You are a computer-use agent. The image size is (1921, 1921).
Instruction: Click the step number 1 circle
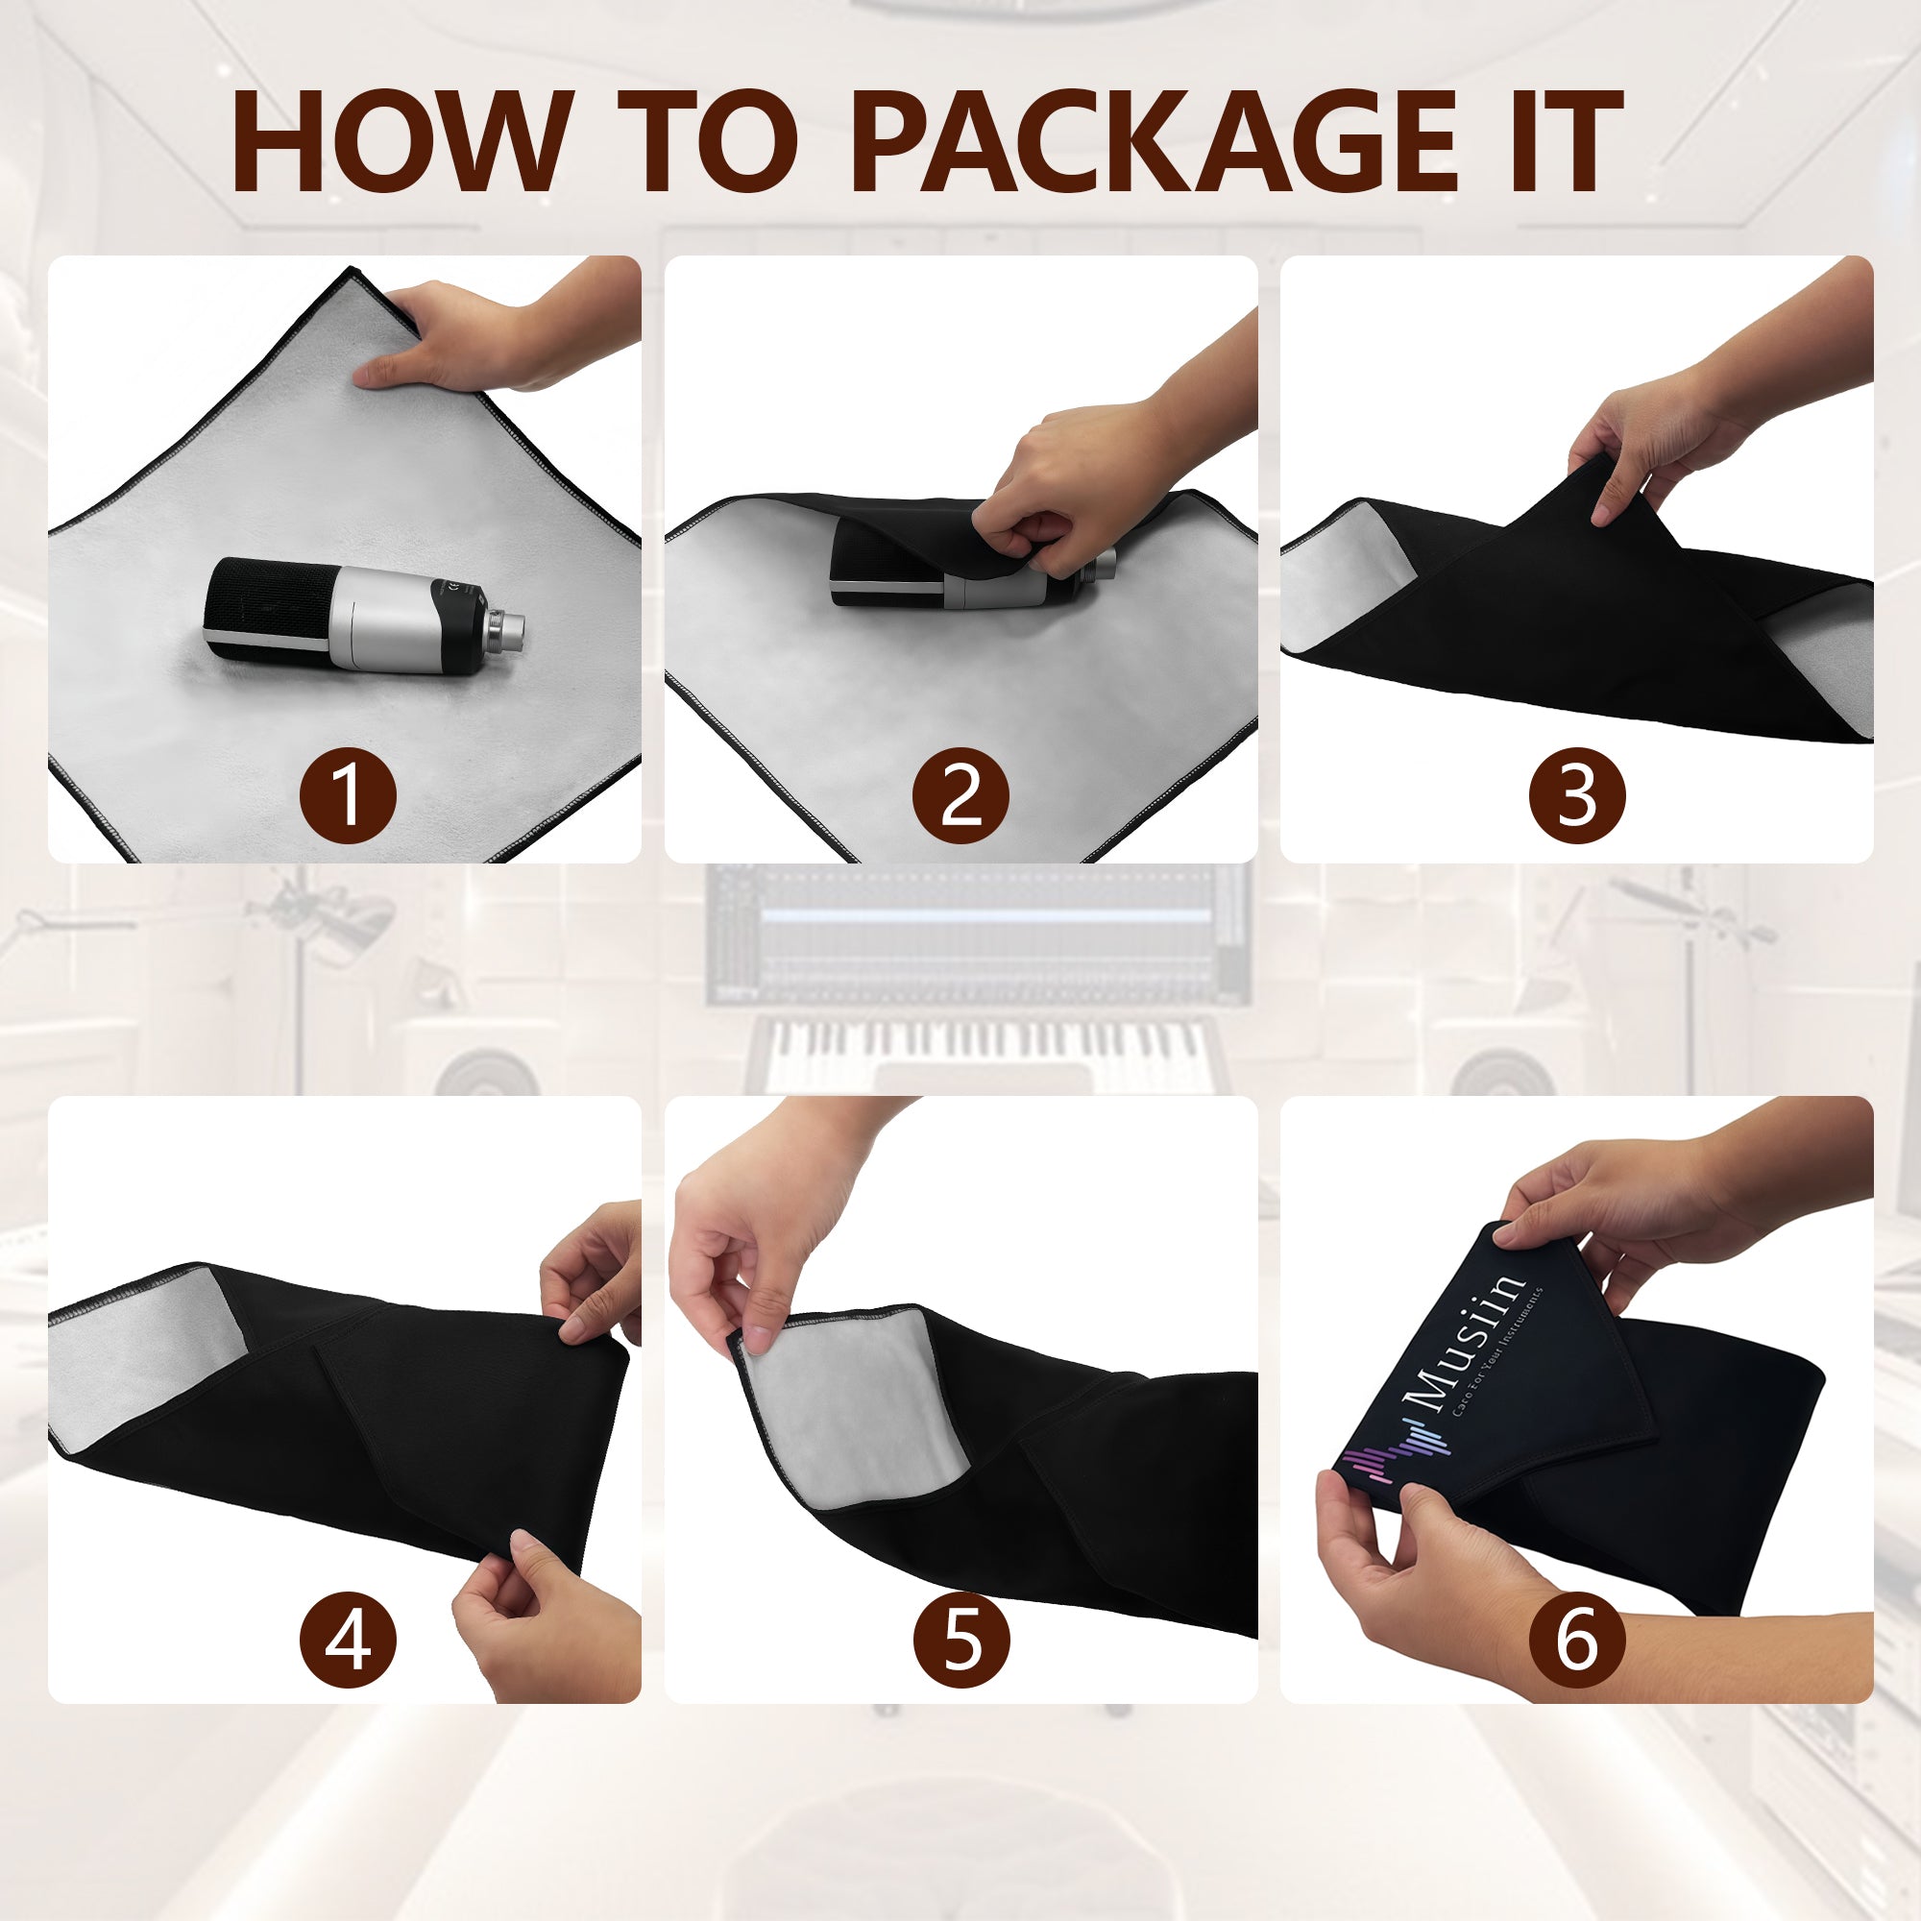[348, 796]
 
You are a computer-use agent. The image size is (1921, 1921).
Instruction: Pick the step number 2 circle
[960, 796]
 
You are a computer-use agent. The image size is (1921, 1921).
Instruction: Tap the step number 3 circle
[1577, 796]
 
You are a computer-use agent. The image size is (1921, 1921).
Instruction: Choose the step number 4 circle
[348, 1640]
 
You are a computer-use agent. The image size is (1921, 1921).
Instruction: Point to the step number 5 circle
[960, 1640]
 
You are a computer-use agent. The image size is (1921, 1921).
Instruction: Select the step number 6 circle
[1577, 1640]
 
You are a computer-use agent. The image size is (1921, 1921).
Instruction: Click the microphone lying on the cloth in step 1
[364, 617]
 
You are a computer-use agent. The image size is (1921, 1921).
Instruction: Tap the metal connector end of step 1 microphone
[503, 629]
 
